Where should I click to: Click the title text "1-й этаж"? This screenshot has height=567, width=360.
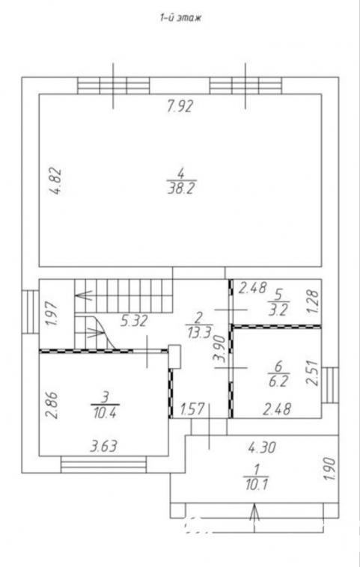pyautogui.click(x=180, y=18)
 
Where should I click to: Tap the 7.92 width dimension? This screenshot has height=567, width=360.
pyautogui.click(x=180, y=106)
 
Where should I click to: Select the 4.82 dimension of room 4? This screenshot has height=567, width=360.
pyautogui.click(x=56, y=182)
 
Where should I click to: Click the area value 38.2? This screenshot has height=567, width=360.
pyautogui.click(x=182, y=189)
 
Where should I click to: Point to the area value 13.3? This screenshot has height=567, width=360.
pyautogui.click(x=199, y=332)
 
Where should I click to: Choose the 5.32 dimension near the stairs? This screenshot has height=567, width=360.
pyautogui.click(x=134, y=321)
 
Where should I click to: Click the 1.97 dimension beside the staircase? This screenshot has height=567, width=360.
pyautogui.click(x=52, y=314)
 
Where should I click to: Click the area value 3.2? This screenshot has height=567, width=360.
pyautogui.click(x=278, y=310)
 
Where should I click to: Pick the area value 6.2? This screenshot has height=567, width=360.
pyautogui.click(x=278, y=381)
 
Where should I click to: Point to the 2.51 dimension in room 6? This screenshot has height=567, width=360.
pyautogui.click(x=313, y=373)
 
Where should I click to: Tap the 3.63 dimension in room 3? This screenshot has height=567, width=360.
pyautogui.click(x=104, y=447)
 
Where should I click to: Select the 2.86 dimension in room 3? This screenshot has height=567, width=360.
pyautogui.click(x=53, y=405)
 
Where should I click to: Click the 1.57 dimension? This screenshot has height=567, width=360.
pyautogui.click(x=193, y=409)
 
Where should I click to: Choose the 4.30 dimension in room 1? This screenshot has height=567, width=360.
pyautogui.click(x=262, y=447)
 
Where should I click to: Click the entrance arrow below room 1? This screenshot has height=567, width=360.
pyautogui.click(x=254, y=518)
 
